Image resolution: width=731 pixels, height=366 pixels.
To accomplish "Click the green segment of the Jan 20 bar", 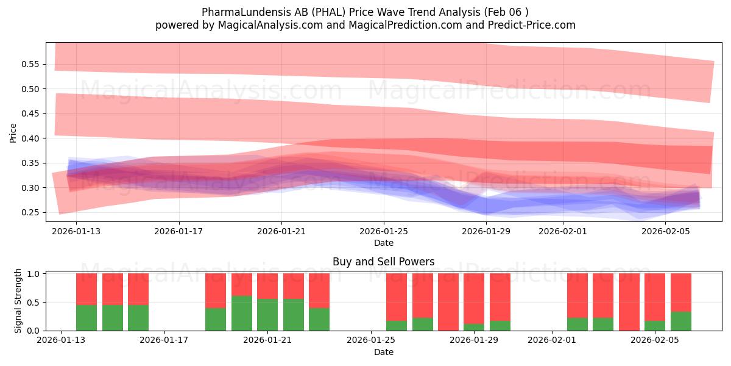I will point(242,313).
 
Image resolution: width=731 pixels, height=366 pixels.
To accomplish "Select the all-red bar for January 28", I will point(448,302).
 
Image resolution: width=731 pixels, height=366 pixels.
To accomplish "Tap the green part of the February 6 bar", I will point(681,321).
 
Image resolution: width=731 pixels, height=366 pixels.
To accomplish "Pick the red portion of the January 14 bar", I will point(112,289).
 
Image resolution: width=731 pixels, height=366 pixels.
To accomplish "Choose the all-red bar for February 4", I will point(629,302).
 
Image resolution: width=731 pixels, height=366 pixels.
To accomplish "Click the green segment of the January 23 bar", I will point(319,319).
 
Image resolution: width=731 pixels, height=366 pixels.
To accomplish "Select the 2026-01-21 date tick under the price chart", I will point(281,232).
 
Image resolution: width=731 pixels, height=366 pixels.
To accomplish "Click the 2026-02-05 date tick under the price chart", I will point(665,232).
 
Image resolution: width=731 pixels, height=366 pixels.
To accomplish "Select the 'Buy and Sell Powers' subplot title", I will point(383,262).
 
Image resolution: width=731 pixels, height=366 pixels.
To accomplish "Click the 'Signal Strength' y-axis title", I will point(18,301).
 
